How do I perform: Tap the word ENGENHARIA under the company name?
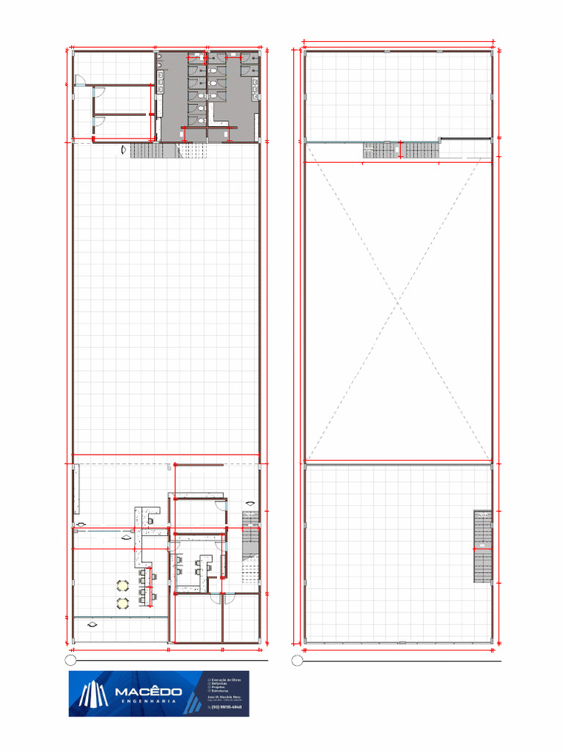[x=147, y=703]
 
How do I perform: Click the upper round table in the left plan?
[x=122, y=585]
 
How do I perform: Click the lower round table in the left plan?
[x=122, y=602]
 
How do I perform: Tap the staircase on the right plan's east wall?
[x=482, y=546]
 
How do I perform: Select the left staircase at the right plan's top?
[x=379, y=150]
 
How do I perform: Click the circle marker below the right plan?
[x=297, y=661]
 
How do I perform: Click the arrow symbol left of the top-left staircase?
[x=124, y=151]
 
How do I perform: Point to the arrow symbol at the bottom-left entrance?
[x=92, y=625]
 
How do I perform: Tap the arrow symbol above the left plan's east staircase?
[x=251, y=502]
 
